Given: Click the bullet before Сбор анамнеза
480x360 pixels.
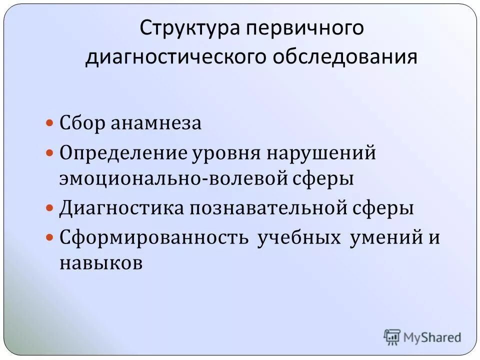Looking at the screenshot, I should click(x=49, y=123).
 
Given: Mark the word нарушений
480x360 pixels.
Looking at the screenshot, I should click(x=320, y=152).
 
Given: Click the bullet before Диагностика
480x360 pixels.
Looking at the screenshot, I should click(x=49, y=208).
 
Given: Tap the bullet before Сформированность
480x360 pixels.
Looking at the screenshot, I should click(x=49, y=237).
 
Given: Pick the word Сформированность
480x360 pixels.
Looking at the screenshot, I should click(x=154, y=237).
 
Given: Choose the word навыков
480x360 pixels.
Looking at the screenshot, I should click(x=101, y=263).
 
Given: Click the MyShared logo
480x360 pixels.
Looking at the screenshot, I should click(x=422, y=337).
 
